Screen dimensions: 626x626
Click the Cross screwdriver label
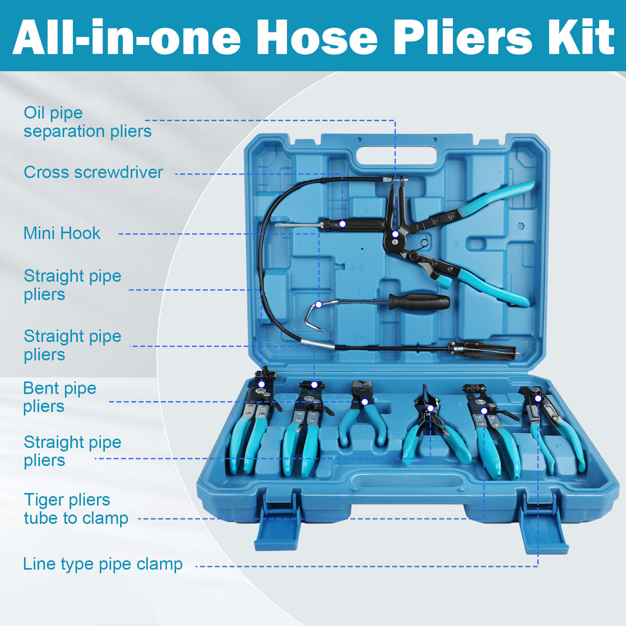click(93, 172)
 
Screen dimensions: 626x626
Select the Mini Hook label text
click(62, 233)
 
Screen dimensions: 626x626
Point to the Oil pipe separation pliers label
click(87, 122)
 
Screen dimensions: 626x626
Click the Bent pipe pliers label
click(59, 397)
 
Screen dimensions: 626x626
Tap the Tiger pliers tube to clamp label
click(76, 509)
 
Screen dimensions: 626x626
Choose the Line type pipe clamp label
click(103, 564)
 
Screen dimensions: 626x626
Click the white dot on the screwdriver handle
click(342, 224)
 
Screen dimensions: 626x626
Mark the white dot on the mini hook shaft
click(319, 304)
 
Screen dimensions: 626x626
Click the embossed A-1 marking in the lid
click(357, 267)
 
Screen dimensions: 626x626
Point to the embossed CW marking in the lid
click(360, 338)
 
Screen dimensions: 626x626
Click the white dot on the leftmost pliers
click(261, 384)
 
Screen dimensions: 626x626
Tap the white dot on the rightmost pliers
click(538, 398)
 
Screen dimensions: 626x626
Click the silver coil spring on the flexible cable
click(318, 344)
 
